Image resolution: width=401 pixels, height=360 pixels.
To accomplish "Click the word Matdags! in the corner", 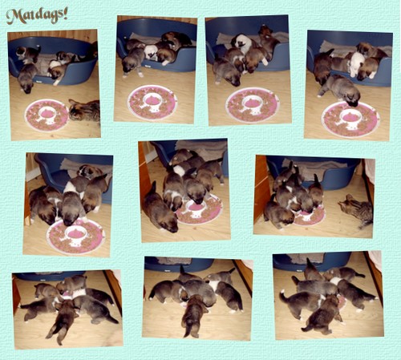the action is (x=37, y=16).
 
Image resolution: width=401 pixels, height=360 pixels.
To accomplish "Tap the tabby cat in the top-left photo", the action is (x=84, y=110).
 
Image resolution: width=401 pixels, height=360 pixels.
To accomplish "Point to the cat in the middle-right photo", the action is (x=357, y=211).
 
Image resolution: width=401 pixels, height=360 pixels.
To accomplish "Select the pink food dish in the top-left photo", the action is (x=47, y=115).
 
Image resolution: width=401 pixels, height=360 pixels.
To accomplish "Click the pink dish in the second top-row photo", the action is (x=152, y=103).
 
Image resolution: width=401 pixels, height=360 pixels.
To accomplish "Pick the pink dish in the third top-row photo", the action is (x=253, y=104).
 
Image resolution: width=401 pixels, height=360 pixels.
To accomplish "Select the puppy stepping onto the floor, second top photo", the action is (x=133, y=63).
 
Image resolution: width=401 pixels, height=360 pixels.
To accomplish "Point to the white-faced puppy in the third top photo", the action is (x=242, y=42).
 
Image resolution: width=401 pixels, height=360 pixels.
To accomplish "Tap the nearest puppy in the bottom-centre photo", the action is (x=193, y=315).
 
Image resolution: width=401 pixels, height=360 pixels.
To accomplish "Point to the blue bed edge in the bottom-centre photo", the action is (x=179, y=264).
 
